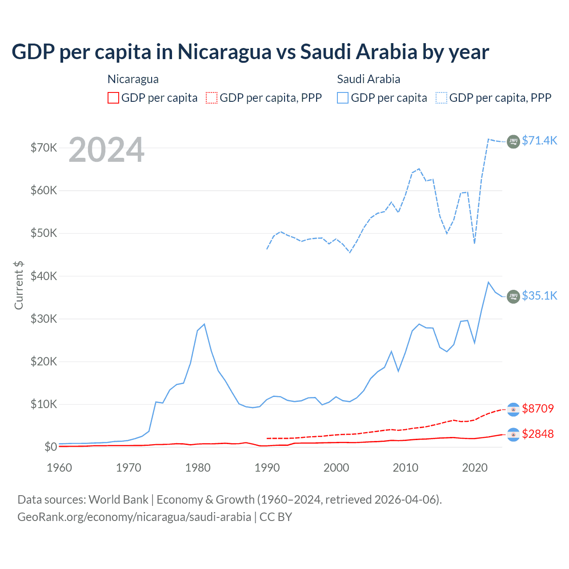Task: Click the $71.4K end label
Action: pos(539,140)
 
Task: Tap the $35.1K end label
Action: pos(539,296)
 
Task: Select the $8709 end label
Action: pos(538,409)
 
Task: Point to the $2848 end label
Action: pos(538,434)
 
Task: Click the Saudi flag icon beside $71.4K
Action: pos(513,141)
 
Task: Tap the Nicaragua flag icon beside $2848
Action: pos(513,435)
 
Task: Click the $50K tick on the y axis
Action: pos(44,233)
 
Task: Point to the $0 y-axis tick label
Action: pos(51,447)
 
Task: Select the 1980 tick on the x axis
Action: pos(198,468)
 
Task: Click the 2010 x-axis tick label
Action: pos(405,468)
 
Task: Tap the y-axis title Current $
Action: pos(19,285)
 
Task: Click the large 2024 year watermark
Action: pos(106,150)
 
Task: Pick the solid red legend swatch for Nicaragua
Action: pos(113,98)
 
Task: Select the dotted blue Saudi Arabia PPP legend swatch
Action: pos(441,98)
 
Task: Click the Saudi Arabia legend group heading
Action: pos(369,79)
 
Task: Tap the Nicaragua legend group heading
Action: pos(133,79)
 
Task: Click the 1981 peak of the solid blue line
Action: pos(204,324)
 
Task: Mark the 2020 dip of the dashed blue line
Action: pos(474,243)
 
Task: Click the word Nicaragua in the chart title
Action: pos(224,52)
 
